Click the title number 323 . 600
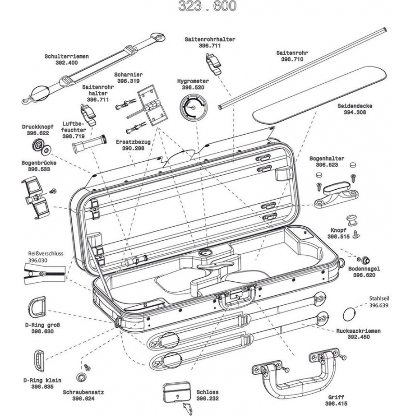pos(207,6)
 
